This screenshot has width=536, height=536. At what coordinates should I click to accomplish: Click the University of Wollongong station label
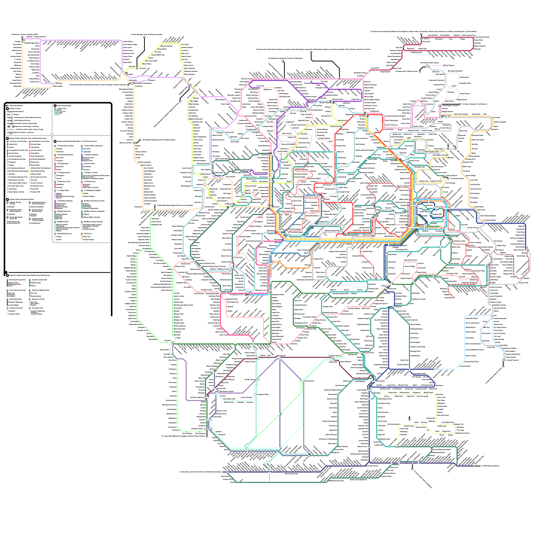pos(328,439)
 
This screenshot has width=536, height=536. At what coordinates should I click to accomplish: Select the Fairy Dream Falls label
pos(229,399)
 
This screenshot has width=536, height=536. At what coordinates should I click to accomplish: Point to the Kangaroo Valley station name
pos(263,394)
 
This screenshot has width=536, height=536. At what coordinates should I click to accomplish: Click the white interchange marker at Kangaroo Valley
pos(255,395)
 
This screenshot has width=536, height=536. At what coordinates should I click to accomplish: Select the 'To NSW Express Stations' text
pos(490,466)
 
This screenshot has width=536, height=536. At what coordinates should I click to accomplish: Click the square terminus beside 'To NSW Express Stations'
pos(479,466)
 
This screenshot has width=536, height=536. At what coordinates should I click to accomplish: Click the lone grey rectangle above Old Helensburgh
pos(409,418)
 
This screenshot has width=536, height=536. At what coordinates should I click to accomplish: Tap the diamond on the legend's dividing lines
pos(52,135)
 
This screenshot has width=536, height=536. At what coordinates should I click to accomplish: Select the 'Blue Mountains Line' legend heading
pos(64,233)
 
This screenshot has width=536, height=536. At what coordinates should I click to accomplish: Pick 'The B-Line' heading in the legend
pos(88,233)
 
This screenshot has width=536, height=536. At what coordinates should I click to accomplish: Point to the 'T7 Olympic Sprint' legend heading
pos(64,173)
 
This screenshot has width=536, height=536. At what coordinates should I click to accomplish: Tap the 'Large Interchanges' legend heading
pos(65,106)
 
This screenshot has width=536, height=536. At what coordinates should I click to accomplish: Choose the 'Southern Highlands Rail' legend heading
pos(40,290)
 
